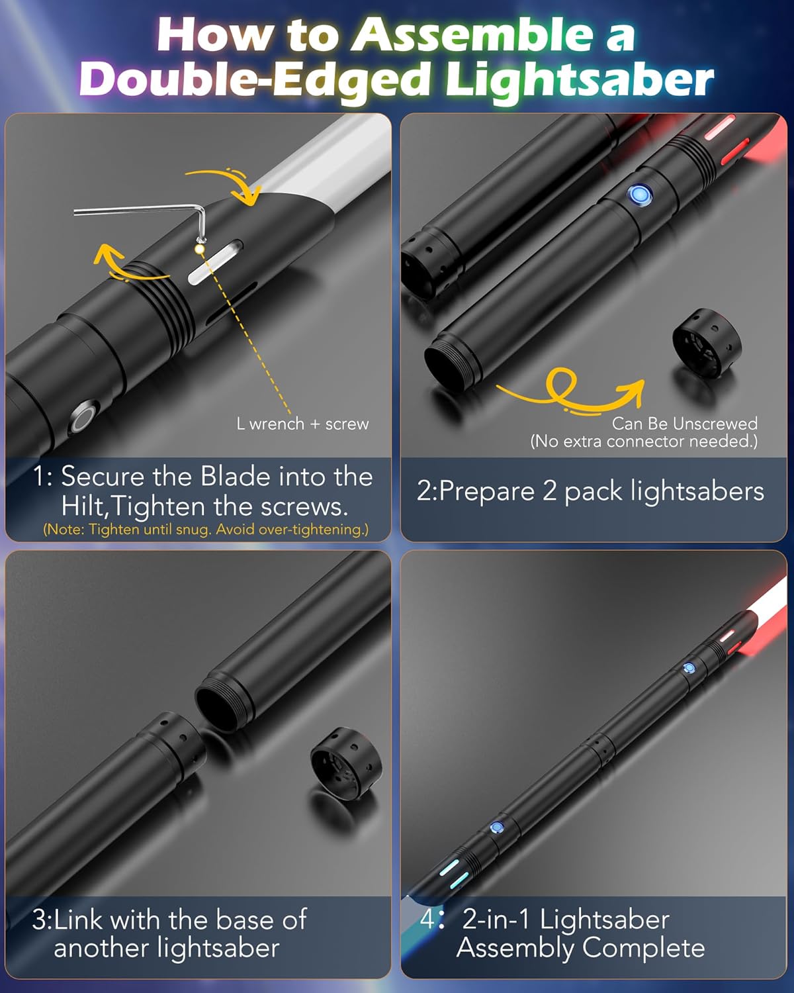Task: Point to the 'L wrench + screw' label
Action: (302, 424)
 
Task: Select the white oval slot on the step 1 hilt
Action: (215, 263)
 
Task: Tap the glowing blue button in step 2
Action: (639, 195)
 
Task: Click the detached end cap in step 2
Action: (707, 342)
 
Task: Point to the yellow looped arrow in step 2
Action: (569, 392)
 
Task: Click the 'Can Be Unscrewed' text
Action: (684, 424)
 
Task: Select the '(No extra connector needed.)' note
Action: (644, 442)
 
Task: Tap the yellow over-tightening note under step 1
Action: (206, 530)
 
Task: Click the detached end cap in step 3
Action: (346, 761)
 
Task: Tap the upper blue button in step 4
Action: (688, 668)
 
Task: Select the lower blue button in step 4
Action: (496, 827)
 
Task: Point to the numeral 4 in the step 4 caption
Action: (427, 920)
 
